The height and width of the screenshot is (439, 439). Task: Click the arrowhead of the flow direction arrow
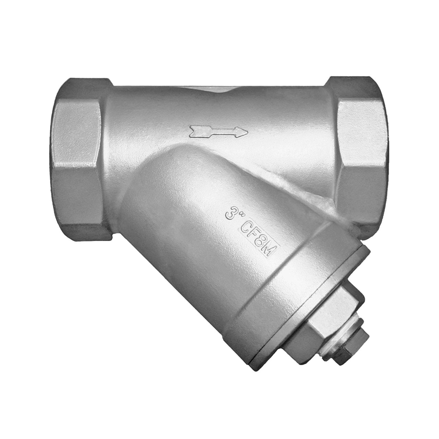point(242,132)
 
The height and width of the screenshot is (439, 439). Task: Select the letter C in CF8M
point(246,227)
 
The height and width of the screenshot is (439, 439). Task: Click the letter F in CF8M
point(254,234)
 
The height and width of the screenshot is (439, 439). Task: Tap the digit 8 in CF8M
point(262,241)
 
